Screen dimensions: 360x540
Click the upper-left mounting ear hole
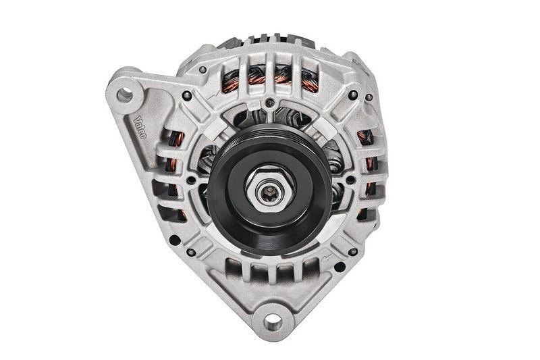(125, 95)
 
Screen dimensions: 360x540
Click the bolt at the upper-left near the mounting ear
(187, 96)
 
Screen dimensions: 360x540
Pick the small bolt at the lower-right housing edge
(352, 252)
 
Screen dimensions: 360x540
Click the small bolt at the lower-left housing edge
(192, 253)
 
